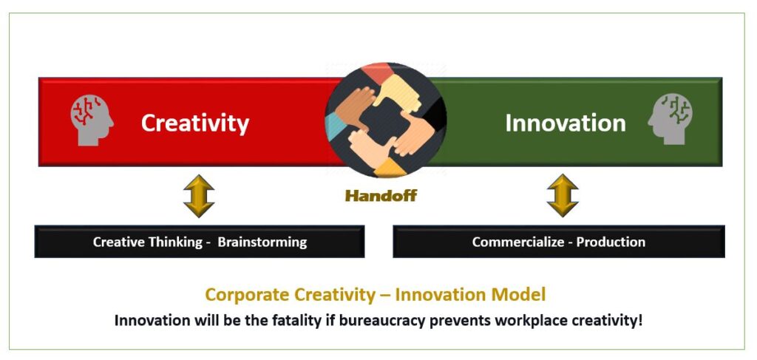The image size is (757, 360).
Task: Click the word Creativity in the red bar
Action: coord(195,123)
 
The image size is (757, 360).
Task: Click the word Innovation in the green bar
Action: coord(566,123)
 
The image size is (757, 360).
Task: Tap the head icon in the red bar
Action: coord(92,120)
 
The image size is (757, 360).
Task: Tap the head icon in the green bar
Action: coord(670,119)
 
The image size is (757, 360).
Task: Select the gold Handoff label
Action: coord(381,196)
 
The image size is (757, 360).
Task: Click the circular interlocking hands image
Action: coord(385,120)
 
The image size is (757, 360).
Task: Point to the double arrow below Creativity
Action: coord(199,196)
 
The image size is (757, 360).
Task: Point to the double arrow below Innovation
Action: coord(563,195)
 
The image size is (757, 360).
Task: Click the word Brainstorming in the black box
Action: coord(262,242)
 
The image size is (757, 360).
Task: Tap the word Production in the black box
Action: coord(611,241)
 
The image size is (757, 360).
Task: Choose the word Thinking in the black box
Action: coord(175,242)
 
